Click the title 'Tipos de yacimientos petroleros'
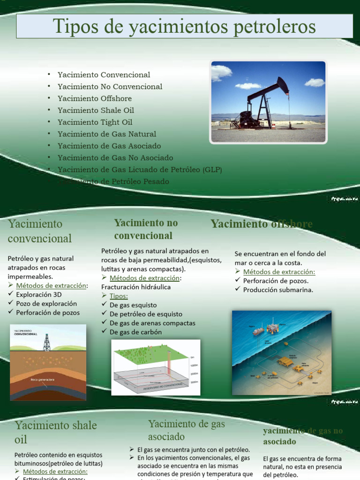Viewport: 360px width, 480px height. tap(184, 26)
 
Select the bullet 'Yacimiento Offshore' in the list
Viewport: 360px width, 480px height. tap(95, 98)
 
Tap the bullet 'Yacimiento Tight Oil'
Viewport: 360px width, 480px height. tap(95, 122)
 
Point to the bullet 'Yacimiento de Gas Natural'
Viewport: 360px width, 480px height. tap(107, 134)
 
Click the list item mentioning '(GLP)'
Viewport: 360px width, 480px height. tap(140, 170)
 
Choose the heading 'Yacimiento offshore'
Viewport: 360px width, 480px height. tap(262, 224)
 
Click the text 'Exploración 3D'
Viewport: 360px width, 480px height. tap(39, 295)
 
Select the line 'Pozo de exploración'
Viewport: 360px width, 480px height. tap(46, 304)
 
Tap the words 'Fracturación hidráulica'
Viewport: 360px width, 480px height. tap(136, 287)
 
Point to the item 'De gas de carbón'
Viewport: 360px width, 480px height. tap(135, 332)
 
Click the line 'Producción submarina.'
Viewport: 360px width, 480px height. tap(278, 290)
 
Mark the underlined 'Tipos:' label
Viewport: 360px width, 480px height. tap(119, 296)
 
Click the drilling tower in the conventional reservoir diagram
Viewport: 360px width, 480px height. tap(46, 342)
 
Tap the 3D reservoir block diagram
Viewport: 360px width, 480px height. tap(155, 368)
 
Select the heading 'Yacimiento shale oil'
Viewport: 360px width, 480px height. tap(55, 432)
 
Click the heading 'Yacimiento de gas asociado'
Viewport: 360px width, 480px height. tap(186, 430)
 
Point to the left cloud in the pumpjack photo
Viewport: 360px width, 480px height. tap(221, 72)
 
